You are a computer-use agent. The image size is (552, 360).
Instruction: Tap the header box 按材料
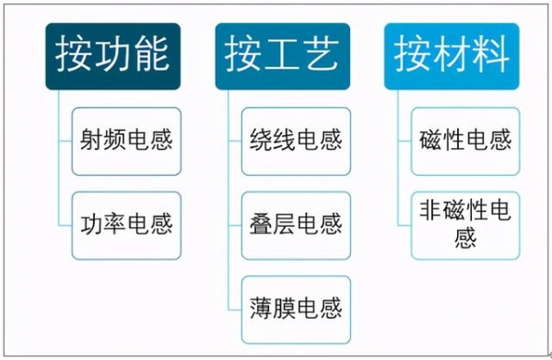click(x=452, y=57)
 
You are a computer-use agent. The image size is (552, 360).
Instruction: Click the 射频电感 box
click(x=126, y=141)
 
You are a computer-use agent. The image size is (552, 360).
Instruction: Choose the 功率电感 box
click(x=126, y=224)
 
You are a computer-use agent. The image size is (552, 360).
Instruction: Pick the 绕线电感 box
click(x=296, y=141)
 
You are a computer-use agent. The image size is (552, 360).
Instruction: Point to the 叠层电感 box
click(x=296, y=224)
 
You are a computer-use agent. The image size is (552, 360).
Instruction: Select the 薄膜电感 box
click(x=296, y=307)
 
